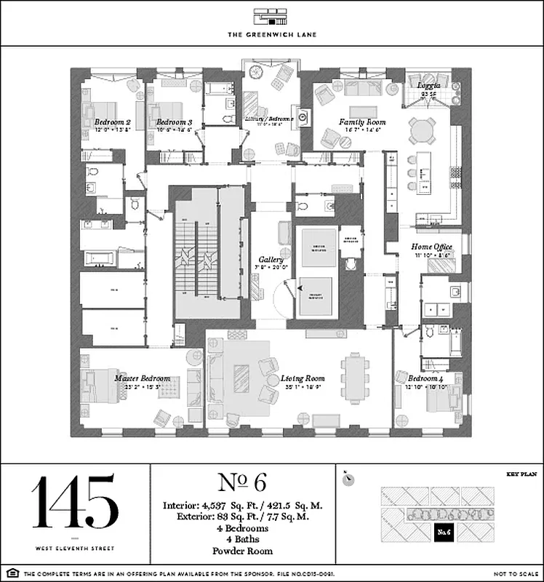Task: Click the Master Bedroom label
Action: coord(142,378)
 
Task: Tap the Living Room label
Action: coord(303,378)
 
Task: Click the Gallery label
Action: coord(271,259)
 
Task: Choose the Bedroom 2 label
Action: coord(112,122)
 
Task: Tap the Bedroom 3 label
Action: coord(174,122)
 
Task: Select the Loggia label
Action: coord(428,85)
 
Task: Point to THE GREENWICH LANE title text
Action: coord(271,34)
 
